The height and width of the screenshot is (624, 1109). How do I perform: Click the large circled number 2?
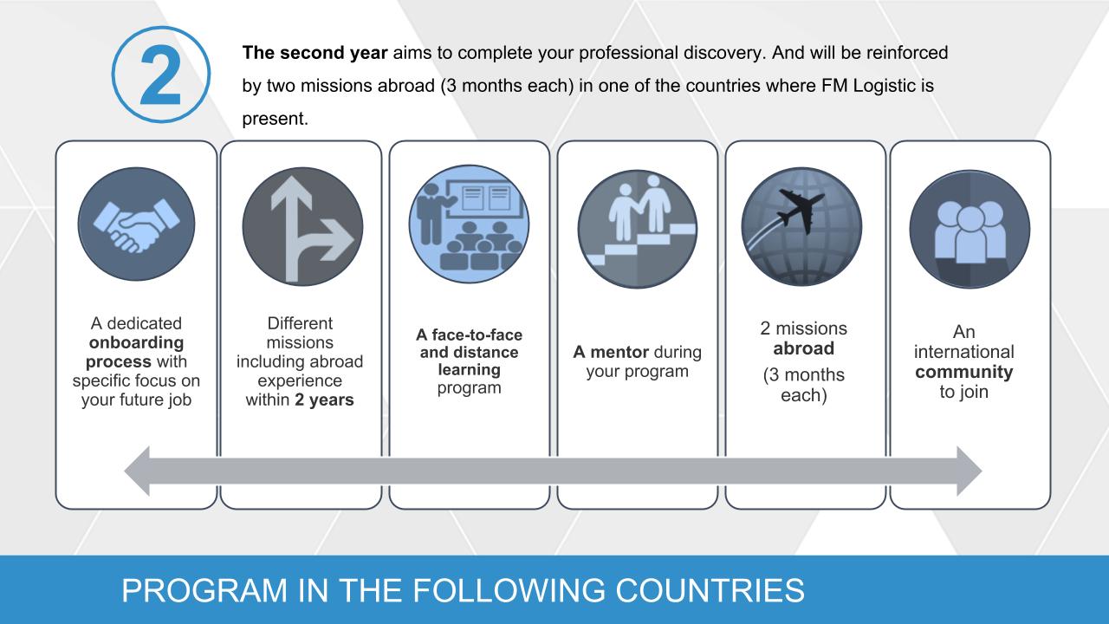[161, 75]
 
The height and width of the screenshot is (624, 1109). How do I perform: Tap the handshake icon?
[136, 224]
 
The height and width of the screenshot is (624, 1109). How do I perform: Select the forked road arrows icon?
[302, 226]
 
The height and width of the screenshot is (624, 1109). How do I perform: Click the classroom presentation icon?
[469, 224]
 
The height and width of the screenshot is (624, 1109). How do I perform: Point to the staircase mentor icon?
[638, 230]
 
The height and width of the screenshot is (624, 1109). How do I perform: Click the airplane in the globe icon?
[802, 226]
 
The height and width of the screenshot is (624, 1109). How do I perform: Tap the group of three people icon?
[970, 230]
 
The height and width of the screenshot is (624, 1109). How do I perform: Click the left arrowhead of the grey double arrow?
[137, 471]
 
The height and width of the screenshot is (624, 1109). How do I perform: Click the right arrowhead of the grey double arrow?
[969, 471]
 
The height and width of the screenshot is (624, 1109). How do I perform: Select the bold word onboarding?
[136, 342]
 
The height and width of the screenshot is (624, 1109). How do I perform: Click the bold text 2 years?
[324, 400]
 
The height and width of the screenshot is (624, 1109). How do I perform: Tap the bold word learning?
[469, 369]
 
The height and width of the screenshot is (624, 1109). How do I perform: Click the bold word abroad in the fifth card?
[803, 348]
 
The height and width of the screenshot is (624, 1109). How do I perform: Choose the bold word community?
[964, 372]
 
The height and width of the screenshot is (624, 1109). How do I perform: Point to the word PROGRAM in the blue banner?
[204, 590]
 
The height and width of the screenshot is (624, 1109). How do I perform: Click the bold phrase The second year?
[315, 53]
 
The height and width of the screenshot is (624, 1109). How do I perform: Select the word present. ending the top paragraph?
[276, 119]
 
